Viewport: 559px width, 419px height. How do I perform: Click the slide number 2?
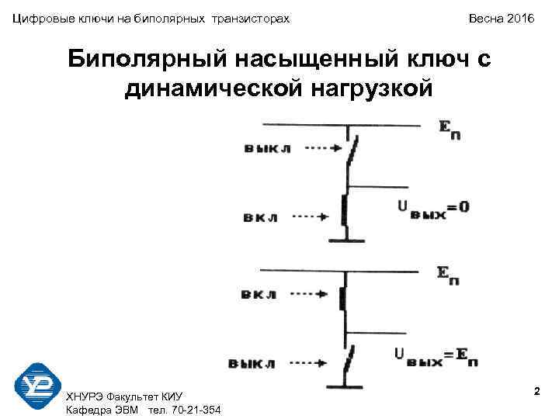pyautogui.click(x=536, y=393)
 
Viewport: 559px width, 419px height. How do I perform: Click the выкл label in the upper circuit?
pyautogui.click(x=267, y=147)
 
